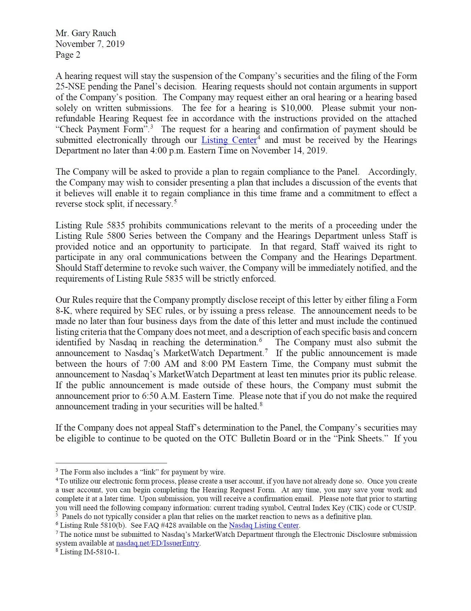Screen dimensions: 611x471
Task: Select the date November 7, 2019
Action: click(x=90, y=44)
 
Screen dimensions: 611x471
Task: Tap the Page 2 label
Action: click(x=68, y=55)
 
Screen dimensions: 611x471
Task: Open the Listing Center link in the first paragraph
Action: click(x=229, y=140)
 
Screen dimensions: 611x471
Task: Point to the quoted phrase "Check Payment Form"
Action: click(x=102, y=129)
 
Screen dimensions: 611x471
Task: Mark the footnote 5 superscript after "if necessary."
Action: click(x=175, y=202)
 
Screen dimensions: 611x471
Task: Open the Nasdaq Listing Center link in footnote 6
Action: click(x=264, y=525)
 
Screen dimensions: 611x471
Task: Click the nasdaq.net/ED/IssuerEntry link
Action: click(x=158, y=543)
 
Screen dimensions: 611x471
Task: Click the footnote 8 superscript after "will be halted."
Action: click(x=261, y=405)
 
